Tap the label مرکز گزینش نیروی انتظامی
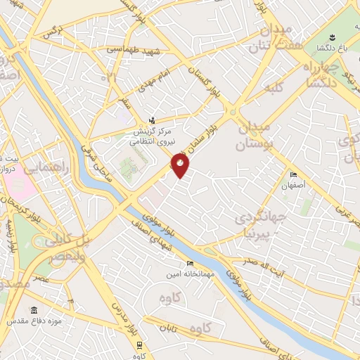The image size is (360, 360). coord(154,136)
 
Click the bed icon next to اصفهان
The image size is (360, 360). coord(294,175)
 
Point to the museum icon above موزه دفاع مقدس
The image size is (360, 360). coord(34,309)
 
